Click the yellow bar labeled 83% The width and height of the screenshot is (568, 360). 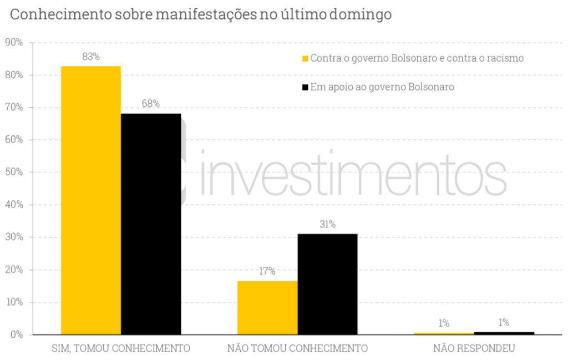90,200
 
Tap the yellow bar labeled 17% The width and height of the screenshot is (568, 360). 267,308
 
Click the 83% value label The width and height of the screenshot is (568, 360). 91,57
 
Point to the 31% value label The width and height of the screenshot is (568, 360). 327,225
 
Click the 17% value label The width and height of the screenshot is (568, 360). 267,271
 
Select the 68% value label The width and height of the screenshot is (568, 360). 150,104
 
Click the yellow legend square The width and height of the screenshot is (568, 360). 305,58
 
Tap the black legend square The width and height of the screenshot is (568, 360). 305,87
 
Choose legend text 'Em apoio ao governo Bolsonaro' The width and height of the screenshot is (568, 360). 383,87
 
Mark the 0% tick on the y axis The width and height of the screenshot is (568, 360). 16,335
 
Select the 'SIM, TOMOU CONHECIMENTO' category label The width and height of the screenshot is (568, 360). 121,349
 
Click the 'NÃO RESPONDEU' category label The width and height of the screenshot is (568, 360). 474,349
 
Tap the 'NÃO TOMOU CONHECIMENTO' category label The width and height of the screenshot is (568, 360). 297,349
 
